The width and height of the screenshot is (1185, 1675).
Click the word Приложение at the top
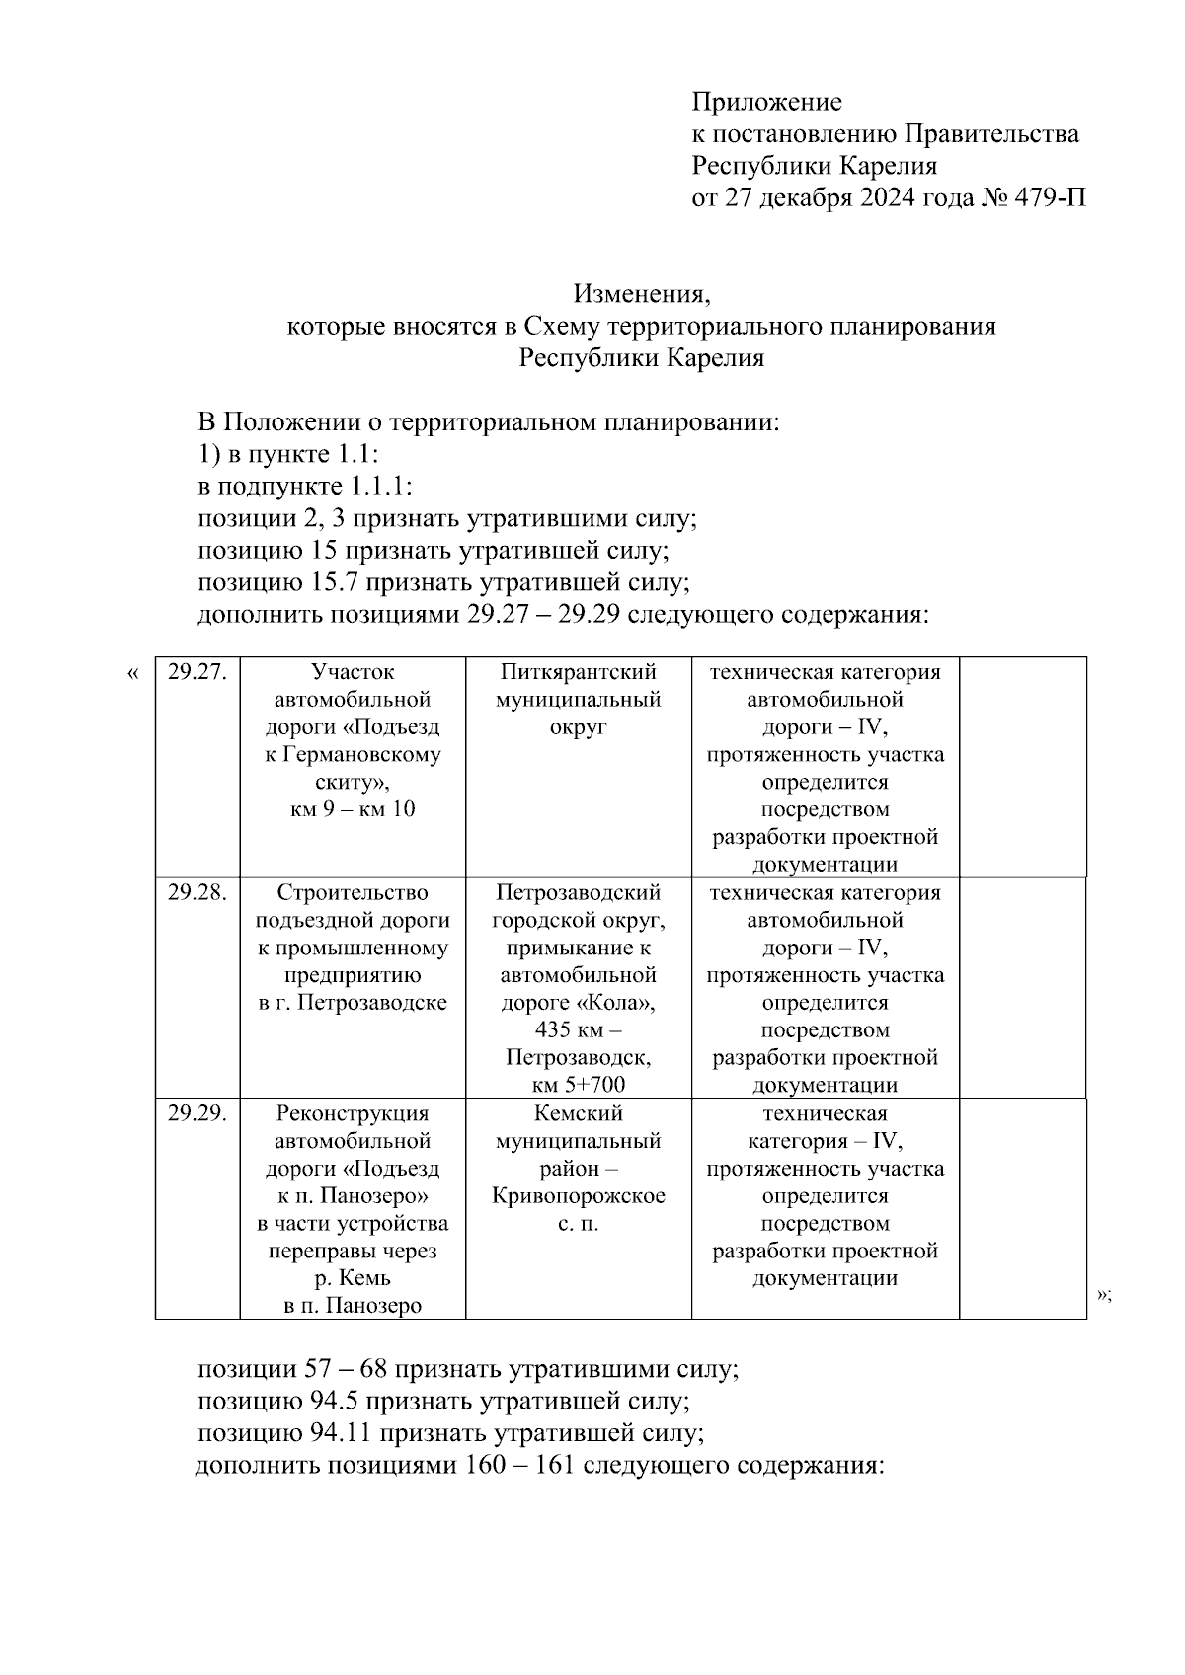(766, 102)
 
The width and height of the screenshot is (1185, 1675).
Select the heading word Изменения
(642, 293)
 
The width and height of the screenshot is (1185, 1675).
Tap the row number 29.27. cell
(197, 672)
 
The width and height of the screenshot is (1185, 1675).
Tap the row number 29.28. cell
(197, 893)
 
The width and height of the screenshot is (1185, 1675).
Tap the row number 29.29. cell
(197, 1114)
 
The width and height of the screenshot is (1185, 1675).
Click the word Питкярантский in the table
(578, 672)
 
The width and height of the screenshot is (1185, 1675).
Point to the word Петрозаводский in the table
(578, 893)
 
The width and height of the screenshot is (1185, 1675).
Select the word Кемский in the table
(578, 1114)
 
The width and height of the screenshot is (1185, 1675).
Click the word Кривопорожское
(578, 1196)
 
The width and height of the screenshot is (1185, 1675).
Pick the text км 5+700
(578, 1086)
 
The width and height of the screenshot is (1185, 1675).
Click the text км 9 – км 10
(353, 810)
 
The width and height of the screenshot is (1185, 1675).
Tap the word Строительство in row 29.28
(353, 893)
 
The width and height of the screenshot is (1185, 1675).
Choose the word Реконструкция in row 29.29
(353, 1114)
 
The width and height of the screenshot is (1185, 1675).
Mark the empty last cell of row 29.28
(1022, 987)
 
